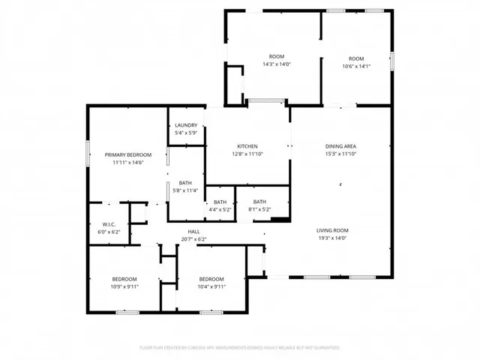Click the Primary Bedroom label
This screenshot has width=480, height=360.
[x=124, y=154]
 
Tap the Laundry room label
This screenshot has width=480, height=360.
[x=186, y=125]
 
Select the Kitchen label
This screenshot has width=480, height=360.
[x=247, y=146]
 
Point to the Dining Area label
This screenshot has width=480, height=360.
[x=340, y=146]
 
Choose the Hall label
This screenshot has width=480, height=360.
[x=193, y=232]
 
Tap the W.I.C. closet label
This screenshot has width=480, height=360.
[x=108, y=225]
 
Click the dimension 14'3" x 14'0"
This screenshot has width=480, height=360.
[x=277, y=64]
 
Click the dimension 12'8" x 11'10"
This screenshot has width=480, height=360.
[x=247, y=154]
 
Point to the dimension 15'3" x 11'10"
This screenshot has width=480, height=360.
[x=340, y=154]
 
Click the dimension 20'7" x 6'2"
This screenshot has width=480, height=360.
[x=193, y=239]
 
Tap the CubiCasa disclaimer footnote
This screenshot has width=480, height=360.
[x=240, y=348]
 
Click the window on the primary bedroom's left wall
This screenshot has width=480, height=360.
[x=88, y=151]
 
